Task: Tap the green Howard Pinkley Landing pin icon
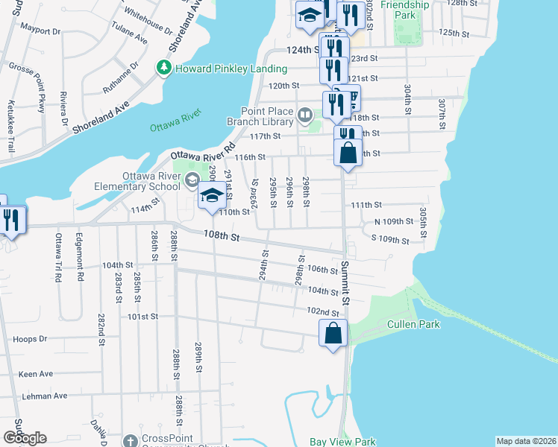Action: (x=163, y=68)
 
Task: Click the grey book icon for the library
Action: (x=304, y=115)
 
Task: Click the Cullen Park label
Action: (x=413, y=324)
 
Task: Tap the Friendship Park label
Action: (x=405, y=10)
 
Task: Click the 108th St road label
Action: (x=222, y=237)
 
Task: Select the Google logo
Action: (x=24, y=438)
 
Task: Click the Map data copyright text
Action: (x=527, y=441)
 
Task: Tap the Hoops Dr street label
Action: (x=30, y=339)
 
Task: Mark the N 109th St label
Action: (x=393, y=222)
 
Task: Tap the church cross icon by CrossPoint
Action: (x=131, y=440)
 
